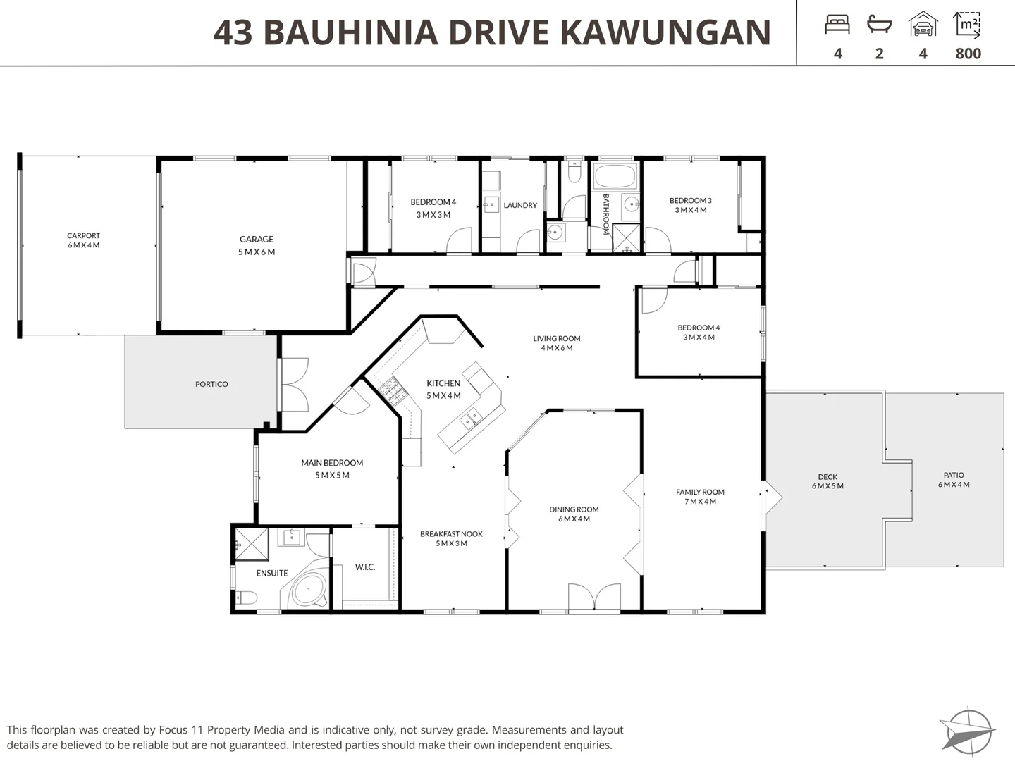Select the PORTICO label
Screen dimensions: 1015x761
coord(211,384)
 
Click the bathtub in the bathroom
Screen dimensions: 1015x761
coord(615,176)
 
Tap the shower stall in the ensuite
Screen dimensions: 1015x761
coord(252,544)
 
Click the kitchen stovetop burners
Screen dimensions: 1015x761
coord(390,391)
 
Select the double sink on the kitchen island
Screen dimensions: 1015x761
coord(471,419)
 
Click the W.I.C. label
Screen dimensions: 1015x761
coord(365,567)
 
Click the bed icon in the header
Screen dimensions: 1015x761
coord(837,25)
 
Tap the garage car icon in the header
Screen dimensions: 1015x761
coord(923,24)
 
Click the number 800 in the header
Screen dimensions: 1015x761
coord(968,54)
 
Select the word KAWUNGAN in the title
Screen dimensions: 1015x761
coord(665,32)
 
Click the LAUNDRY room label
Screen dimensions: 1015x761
coord(520,205)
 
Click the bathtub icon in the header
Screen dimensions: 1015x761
coord(879,25)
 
